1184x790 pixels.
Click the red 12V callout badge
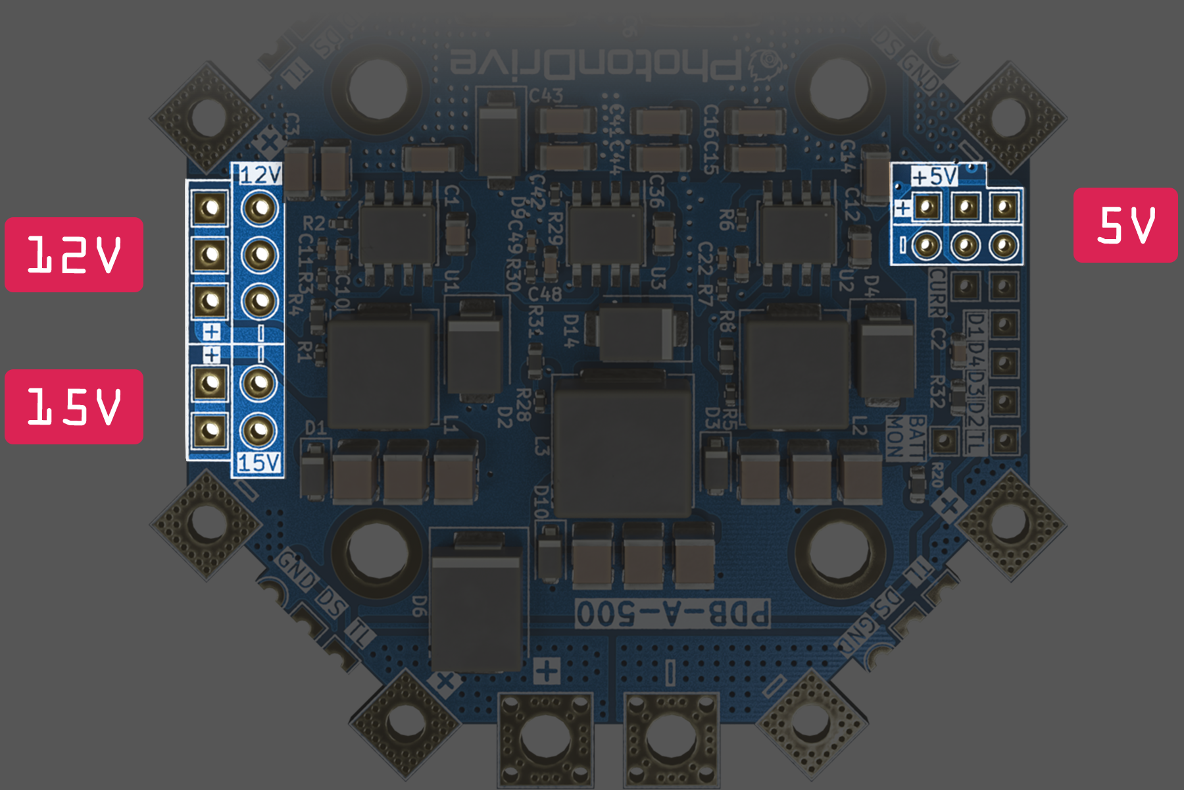click(74, 255)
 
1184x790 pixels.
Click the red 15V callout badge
click(74, 407)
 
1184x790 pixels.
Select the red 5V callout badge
click(1125, 225)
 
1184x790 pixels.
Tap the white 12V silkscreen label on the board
click(260, 175)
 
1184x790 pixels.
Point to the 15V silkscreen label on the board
click(259, 463)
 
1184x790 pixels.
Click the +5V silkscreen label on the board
click(935, 176)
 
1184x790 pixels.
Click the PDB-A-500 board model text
click(672, 614)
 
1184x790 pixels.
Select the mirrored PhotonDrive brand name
click(595, 66)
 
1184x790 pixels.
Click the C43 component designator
click(546, 96)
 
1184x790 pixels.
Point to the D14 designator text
click(571, 331)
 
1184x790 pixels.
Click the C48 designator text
click(545, 294)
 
